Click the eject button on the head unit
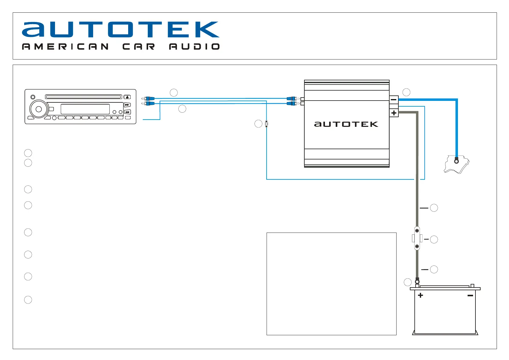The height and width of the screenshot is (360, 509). point(127,97)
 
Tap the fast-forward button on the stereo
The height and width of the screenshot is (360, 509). point(127,105)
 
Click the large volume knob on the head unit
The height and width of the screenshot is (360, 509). point(39,109)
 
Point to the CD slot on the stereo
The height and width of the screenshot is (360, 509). point(83,97)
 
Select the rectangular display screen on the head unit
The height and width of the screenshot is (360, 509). point(85,109)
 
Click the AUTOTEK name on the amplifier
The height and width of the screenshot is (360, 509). point(346,124)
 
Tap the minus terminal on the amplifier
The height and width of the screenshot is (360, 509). point(394,99)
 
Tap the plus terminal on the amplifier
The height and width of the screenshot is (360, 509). point(394,113)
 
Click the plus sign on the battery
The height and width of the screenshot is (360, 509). point(420,295)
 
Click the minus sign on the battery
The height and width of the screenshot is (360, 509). point(470,295)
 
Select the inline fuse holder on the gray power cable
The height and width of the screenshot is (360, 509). point(417,239)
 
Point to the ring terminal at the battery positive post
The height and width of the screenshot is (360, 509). point(417,281)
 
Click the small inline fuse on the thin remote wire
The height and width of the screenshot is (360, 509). point(266,124)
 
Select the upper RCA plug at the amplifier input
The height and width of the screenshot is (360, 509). point(292,98)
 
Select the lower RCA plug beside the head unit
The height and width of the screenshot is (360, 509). point(148,104)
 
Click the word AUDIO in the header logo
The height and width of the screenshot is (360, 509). point(194,47)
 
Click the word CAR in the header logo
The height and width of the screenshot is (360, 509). point(139,47)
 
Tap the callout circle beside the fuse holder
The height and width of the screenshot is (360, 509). point(434,239)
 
